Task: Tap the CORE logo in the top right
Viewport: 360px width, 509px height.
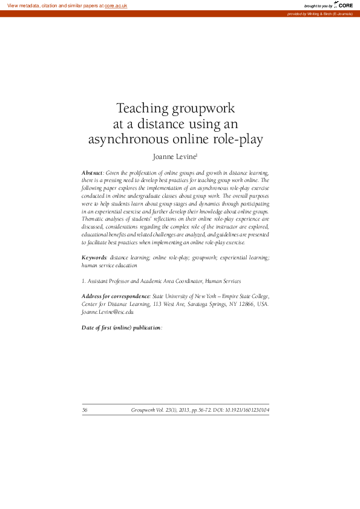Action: pos(343,5)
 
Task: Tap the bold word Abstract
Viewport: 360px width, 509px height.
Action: pos(92,172)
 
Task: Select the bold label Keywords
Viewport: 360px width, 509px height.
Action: pos(94,258)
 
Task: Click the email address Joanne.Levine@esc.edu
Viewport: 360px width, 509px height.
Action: pos(108,312)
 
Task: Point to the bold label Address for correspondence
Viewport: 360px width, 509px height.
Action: pos(115,296)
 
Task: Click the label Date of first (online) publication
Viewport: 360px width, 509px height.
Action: pos(121,327)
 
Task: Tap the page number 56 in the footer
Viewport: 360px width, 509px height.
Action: pos(85,410)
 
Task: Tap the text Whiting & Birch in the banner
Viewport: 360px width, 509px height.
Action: pos(319,13)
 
